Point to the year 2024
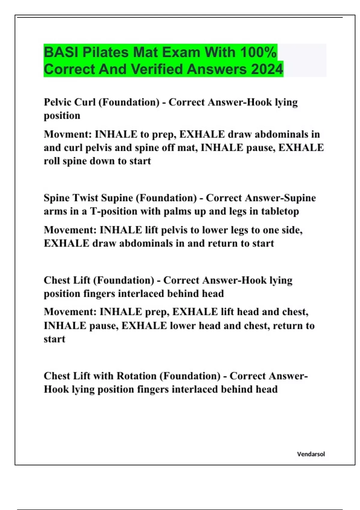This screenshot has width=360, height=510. coord(267,69)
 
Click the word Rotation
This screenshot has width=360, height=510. coord(136,376)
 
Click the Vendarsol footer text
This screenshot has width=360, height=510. coord(311,454)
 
